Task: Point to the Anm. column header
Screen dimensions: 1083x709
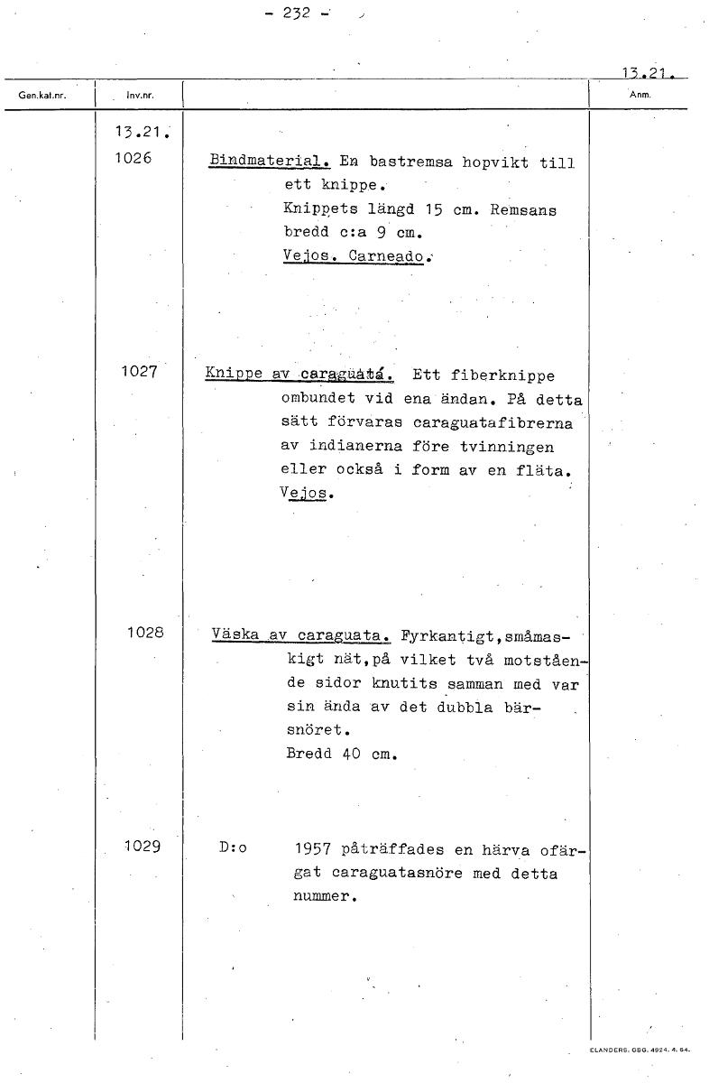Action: (639, 94)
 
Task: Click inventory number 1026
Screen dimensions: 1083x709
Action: (134, 159)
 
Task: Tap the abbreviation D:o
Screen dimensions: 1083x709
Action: (233, 849)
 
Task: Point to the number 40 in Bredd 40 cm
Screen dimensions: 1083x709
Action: (351, 753)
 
